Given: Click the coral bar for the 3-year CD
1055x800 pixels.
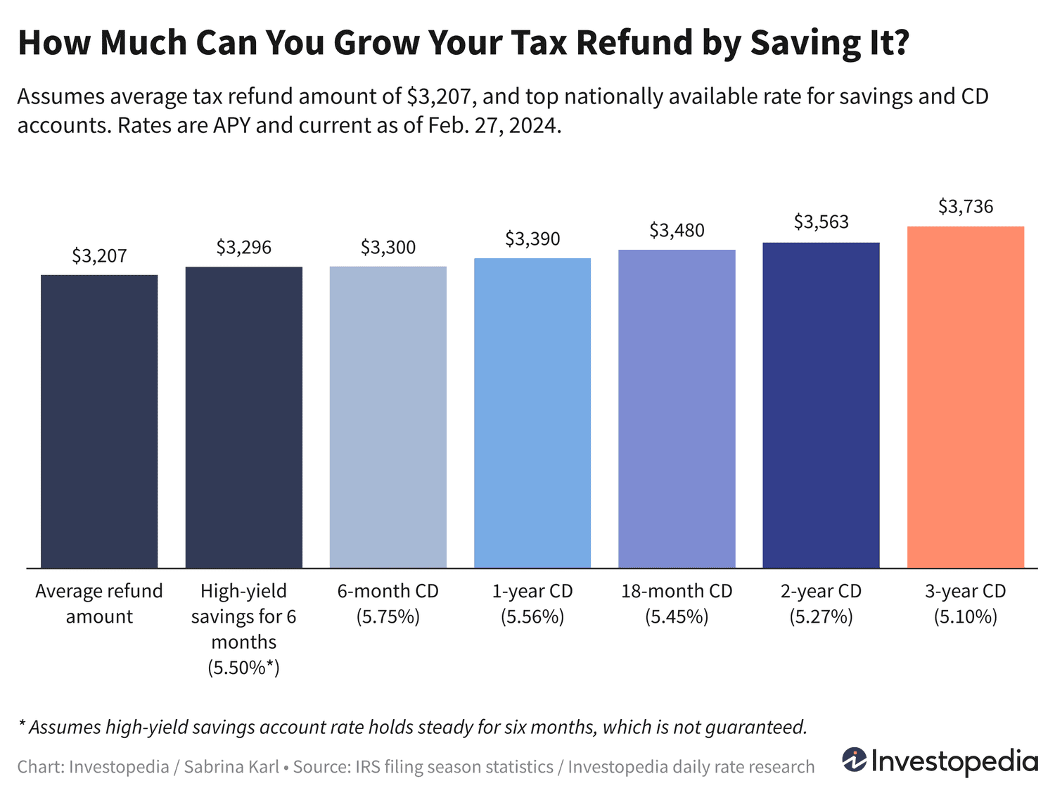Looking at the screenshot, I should pos(965,397).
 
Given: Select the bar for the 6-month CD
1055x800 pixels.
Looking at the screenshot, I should pos(388,417).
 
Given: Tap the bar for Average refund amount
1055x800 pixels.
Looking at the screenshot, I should pos(99,421).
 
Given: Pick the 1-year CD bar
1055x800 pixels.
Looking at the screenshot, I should pos(532,413).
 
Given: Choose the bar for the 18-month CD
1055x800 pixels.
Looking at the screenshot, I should pos(677,409).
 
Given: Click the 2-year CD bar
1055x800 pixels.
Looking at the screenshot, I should pos(821,405).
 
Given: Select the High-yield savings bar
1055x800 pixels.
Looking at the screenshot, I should pos(243,417).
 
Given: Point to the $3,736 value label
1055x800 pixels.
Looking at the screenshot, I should pos(965,207).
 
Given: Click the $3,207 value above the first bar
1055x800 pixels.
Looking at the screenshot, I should pos(99,256).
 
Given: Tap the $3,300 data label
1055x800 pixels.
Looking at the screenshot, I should pos(388,248).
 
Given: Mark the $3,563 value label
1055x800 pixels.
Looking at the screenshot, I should pos(821,222).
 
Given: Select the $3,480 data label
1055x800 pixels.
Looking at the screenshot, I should pos(677,231).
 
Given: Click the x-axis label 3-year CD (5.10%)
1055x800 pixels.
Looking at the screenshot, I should pos(965,604).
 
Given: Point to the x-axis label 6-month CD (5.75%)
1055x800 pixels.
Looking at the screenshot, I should pos(388,604).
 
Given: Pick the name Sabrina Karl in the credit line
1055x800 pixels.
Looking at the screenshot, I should pos(231,767).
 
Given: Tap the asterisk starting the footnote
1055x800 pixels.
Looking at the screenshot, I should pos(22,725).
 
